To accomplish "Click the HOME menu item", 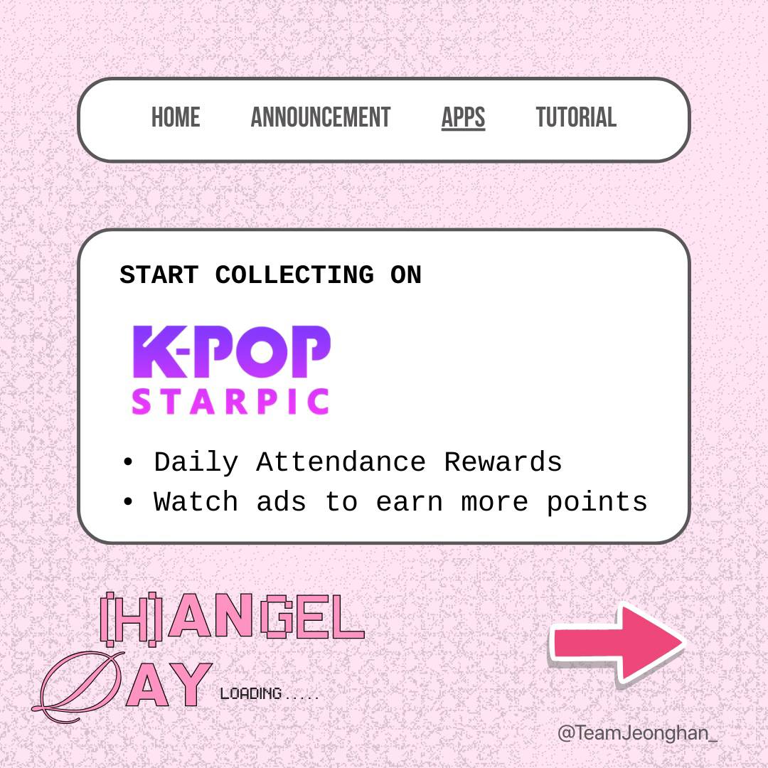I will tap(176, 117).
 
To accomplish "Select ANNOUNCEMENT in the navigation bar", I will tap(321, 117).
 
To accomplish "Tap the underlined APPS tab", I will tap(463, 117).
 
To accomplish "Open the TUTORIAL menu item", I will tap(576, 117).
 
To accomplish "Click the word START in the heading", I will tap(159, 275).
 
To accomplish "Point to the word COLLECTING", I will tap(294, 275).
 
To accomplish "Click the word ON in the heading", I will tap(406, 275).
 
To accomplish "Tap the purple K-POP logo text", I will tap(232, 352).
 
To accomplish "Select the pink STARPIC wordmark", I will tap(230, 402).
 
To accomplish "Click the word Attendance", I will tap(341, 463).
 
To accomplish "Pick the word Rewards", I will tap(503, 463).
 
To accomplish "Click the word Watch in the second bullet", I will tap(196, 503).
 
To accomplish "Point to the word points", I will tap(597, 503).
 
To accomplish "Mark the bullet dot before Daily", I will tap(128, 463).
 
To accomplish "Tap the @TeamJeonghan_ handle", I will tap(637, 733).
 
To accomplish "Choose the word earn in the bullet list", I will tap(409, 503).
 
